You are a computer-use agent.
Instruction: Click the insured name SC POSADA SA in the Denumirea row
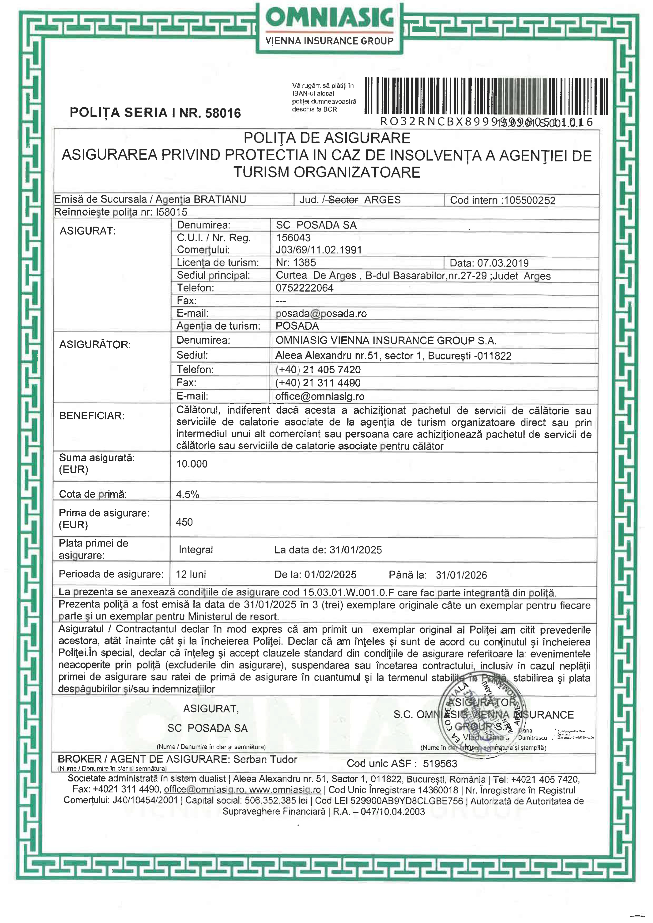[316, 225]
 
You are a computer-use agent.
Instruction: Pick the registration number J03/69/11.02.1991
[318, 250]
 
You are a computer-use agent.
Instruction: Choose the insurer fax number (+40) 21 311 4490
[318, 383]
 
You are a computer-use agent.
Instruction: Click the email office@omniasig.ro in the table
[320, 396]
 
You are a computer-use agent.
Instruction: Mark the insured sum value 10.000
[192, 464]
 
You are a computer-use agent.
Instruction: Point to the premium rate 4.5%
[187, 494]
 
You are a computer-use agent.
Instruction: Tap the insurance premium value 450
[184, 522]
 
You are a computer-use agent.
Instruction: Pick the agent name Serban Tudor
[265, 759]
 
